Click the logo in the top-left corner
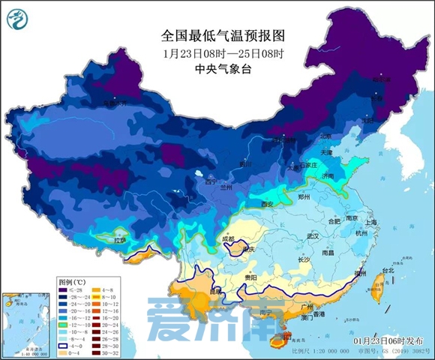[19, 19]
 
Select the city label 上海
[371, 222]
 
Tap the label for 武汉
[313, 236]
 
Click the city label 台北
[388, 270]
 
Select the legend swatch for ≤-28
[65, 289]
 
